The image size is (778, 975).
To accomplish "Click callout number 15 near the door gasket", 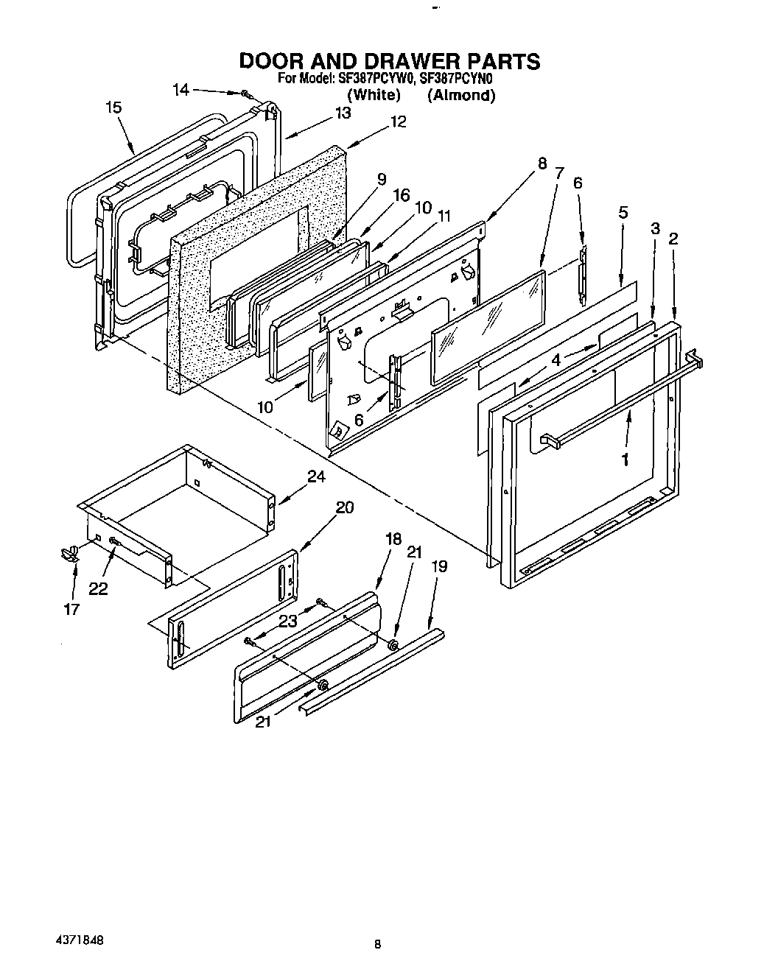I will pos(113,108).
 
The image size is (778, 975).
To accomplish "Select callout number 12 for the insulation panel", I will pos(398,122).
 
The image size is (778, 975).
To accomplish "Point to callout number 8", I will pos(542,163).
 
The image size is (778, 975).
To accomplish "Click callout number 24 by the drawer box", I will pos(315,476).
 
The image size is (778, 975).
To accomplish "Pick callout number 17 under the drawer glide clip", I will pos(71,609).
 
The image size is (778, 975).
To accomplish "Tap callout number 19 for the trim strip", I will pos(439,566).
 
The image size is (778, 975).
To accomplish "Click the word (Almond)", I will pos(461,95).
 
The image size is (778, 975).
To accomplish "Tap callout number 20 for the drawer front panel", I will pos(344,507).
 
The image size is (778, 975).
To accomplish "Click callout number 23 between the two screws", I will pos(287,621).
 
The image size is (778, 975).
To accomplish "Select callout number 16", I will pos(401,195).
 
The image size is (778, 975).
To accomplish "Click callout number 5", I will pos(623,213).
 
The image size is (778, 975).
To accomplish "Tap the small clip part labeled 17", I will pos(71,552).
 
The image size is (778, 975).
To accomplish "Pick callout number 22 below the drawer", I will pos(97,588).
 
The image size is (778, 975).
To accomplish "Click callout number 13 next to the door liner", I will pos(343,113).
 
